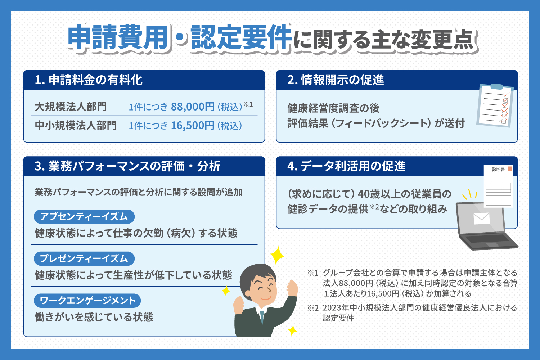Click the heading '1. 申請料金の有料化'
[89, 80]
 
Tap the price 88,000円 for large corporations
[193, 107]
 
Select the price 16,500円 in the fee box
[193, 125]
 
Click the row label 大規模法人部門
[71, 107]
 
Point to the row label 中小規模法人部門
[76, 125]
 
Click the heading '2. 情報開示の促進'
[336, 80]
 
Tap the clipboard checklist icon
[495, 105]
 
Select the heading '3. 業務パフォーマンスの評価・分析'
[127, 166]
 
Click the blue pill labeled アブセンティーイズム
[84, 216]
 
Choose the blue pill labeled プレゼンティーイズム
[84, 258]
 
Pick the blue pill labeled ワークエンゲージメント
[87, 301]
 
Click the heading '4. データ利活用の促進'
[346, 166]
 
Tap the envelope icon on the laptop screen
[481, 218]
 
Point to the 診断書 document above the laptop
[498, 186]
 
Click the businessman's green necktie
[262, 317]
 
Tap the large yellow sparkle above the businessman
[277, 255]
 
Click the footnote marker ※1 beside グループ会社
[313, 273]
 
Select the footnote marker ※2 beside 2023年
[313, 308]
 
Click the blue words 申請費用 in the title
[118, 37]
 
